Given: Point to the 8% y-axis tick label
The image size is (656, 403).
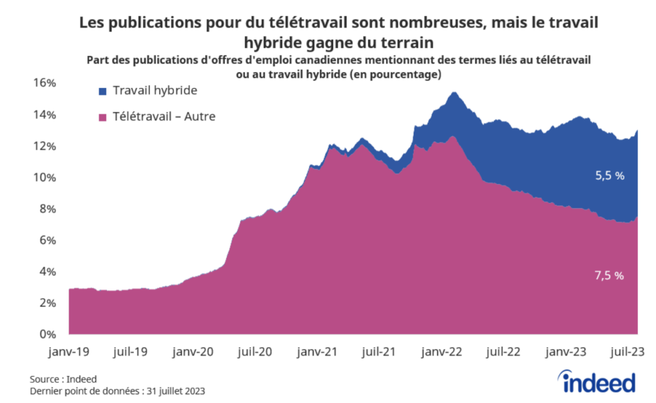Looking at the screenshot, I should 49,209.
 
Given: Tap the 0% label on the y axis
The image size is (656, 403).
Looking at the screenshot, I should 49,334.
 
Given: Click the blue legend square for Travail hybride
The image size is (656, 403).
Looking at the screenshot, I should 102,92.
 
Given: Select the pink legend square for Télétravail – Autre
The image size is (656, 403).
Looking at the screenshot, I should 102,117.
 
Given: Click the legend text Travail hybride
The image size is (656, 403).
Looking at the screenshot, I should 154,91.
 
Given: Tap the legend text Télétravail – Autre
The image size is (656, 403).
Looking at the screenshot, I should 164,117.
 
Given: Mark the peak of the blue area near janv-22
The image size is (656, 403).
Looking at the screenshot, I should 454,93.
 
